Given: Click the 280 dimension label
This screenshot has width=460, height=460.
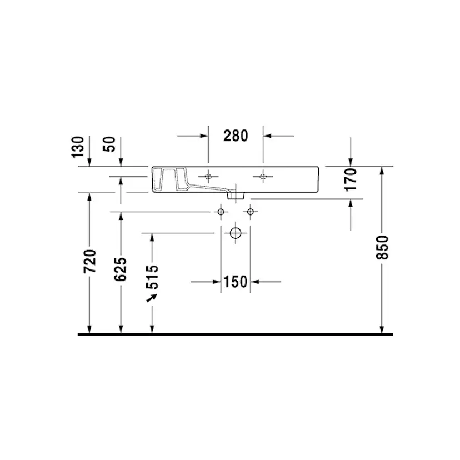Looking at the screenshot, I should click(x=235, y=135).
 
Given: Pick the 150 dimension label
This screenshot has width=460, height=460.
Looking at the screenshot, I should click(x=235, y=282).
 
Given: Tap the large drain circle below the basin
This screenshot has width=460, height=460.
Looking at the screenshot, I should click(x=236, y=233).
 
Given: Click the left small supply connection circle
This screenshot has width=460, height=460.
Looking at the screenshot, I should click(x=221, y=212).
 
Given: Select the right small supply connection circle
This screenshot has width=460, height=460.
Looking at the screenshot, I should click(x=251, y=212).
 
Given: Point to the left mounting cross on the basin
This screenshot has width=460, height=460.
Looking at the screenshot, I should click(x=208, y=177).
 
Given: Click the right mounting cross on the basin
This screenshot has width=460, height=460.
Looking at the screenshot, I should click(x=263, y=177).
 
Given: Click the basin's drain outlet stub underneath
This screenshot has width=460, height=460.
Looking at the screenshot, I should click(x=236, y=195).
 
